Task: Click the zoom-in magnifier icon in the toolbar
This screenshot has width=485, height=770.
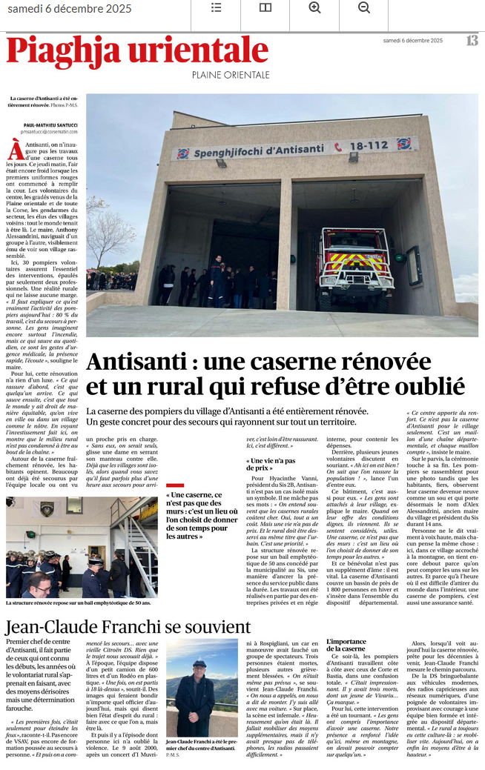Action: pos(314,7)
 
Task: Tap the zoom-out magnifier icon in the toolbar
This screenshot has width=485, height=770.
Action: pos(363,7)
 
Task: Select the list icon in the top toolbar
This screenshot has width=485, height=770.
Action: pos(216,7)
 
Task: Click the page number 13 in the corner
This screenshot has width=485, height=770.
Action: pos(472,41)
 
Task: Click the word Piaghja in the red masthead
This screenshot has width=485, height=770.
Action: pos(63,51)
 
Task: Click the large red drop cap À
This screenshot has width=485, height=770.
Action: pos(15,150)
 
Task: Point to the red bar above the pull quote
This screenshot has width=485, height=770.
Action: pos(174,485)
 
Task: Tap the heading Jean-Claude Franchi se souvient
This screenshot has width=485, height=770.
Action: pos(128,627)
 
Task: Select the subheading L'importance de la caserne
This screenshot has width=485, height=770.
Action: pos(346,645)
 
